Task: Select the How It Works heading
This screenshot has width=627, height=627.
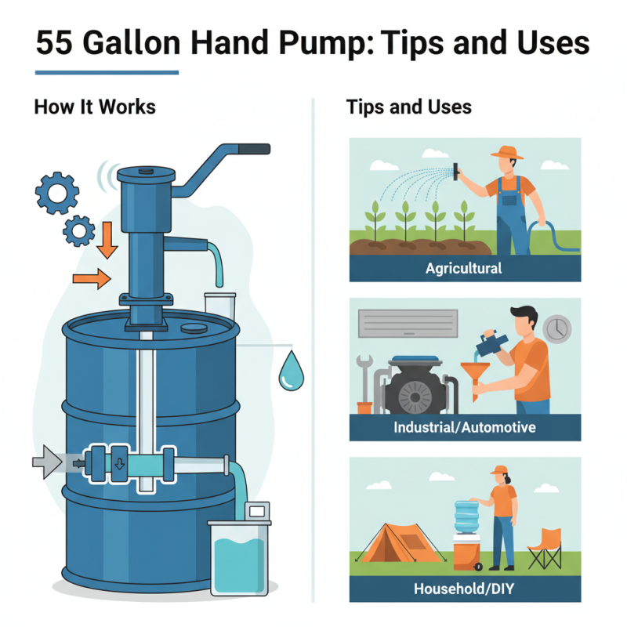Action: [95, 107]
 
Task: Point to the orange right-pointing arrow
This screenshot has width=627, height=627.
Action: [90, 277]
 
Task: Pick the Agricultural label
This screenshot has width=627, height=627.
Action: [464, 269]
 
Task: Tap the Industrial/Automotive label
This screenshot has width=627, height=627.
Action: [464, 428]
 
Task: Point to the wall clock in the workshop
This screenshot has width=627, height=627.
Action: [557, 328]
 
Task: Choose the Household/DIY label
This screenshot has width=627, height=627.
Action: [464, 588]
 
